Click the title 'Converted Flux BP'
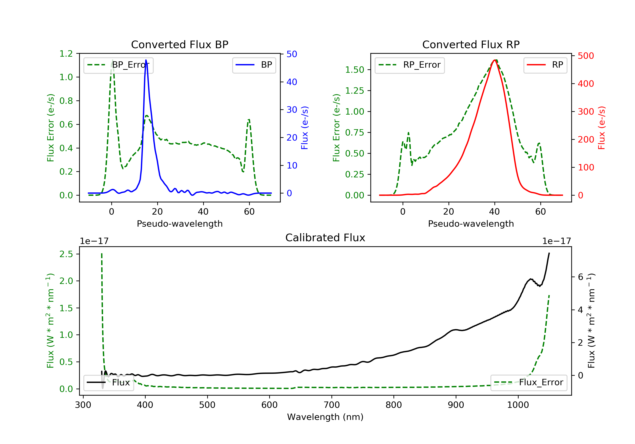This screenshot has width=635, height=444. (179, 44)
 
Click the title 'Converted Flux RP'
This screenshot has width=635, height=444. (471, 44)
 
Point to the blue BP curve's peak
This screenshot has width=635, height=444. (146, 60)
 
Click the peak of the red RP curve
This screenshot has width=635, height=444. (494, 60)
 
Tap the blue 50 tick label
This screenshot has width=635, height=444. (292, 54)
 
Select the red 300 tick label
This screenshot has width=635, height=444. (586, 112)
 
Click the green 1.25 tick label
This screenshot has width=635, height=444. (354, 91)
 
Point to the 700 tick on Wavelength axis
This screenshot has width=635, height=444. (332, 405)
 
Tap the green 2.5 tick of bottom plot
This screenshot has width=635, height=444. (66, 254)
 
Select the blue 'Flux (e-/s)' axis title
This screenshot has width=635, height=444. (305, 128)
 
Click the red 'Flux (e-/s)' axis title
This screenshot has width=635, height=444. (602, 128)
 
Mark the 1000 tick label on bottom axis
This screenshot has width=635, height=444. (518, 405)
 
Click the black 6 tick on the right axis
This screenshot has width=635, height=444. (581, 277)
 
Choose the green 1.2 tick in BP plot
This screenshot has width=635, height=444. (66, 54)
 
